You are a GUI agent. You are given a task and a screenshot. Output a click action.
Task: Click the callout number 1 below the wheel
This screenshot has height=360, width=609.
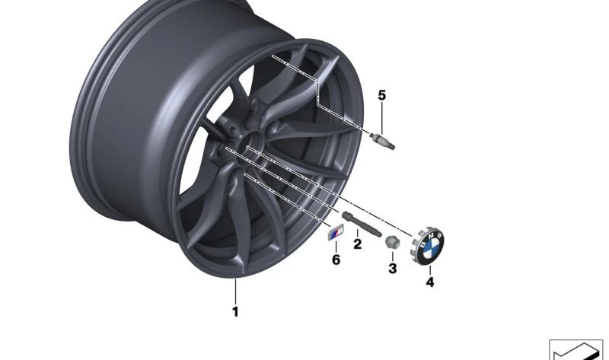point(235,311)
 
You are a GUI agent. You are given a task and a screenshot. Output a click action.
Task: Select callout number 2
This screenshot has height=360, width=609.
point(357,244)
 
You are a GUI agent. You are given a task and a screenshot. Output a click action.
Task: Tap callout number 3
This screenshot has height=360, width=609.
point(393,268)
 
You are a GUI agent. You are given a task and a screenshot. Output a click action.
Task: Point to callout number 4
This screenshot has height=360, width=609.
point(430,282)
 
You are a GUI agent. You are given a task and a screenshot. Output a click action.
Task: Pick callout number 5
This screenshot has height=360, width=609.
point(382,95)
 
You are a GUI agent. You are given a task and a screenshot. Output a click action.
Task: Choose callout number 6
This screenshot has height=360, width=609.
point(336,260)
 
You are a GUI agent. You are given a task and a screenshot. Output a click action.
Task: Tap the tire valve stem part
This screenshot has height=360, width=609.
point(382,141)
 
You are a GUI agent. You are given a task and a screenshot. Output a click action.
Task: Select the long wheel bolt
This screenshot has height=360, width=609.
point(361,224)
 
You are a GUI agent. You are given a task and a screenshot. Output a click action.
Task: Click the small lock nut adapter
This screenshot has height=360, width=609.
point(392,243)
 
